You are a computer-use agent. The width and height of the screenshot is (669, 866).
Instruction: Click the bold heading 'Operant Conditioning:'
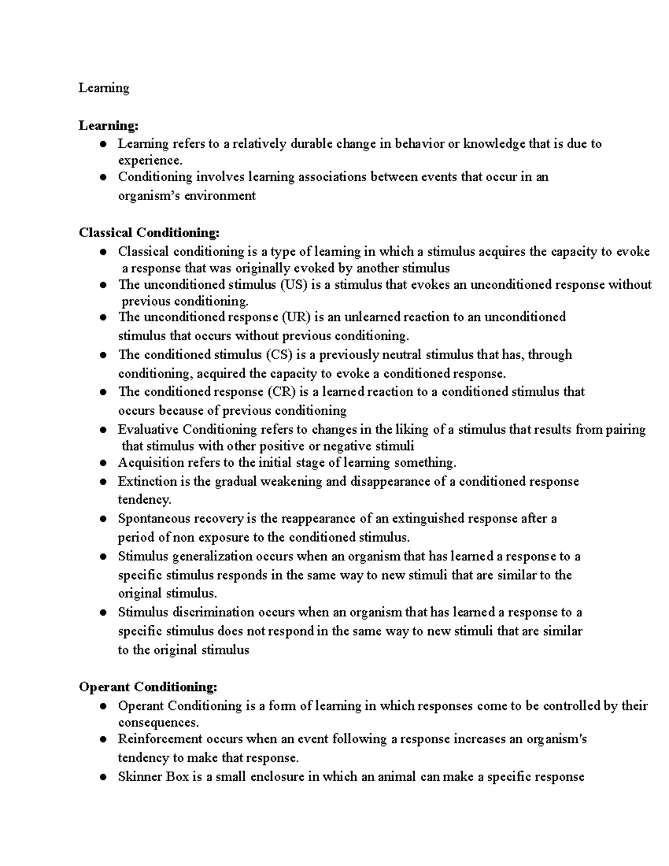(x=148, y=686)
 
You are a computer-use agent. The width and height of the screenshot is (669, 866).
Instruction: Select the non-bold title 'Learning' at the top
(x=104, y=88)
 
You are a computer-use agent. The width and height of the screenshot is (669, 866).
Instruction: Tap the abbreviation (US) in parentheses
(x=293, y=284)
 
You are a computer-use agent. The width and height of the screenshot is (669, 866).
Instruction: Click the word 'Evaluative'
(x=148, y=429)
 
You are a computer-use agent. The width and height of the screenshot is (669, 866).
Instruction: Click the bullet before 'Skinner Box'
(x=103, y=777)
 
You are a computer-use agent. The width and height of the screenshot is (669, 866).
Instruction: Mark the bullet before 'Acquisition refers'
(x=103, y=463)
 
